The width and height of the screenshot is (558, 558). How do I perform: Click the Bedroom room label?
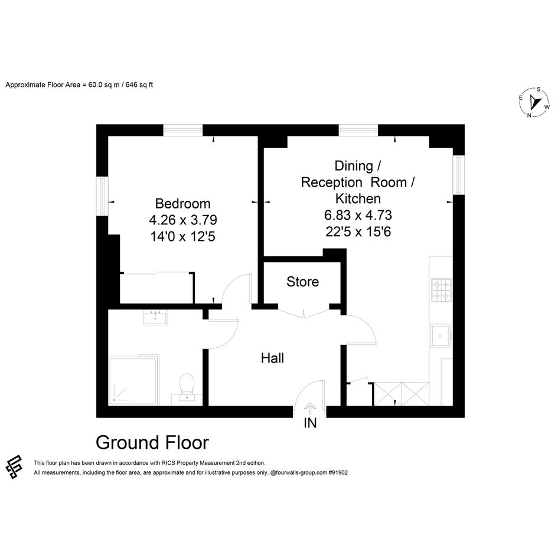[x=182, y=204]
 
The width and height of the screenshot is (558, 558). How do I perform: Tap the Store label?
[x=302, y=282]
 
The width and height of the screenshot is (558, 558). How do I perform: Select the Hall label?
[x=272, y=358]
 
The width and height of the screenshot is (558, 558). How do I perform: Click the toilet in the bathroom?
[x=187, y=387]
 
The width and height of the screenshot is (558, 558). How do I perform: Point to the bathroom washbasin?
[x=155, y=317]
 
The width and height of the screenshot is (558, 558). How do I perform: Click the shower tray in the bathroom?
[x=132, y=381]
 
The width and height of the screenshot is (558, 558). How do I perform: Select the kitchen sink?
[x=440, y=335]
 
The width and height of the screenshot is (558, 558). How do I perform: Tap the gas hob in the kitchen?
[x=441, y=290]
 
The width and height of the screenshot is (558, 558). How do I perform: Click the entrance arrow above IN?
[x=311, y=409]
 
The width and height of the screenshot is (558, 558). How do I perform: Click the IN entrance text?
[x=310, y=423]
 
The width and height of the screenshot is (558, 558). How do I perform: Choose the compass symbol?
[x=534, y=103]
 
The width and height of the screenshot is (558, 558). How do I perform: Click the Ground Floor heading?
[x=152, y=443]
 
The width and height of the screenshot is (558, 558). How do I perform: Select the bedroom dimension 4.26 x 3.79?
[x=183, y=220]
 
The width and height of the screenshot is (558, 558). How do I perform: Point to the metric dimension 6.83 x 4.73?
[x=358, y=215]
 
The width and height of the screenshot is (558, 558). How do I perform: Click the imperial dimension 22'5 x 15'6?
[x=358, y=231]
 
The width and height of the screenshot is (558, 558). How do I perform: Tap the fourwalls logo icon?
[x=14, y=467]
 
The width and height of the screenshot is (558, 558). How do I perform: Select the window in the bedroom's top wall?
[x=183, y=130]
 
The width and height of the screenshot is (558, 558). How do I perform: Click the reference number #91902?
[x=338, y=472]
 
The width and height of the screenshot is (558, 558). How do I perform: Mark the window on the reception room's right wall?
[x=459, y=175]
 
